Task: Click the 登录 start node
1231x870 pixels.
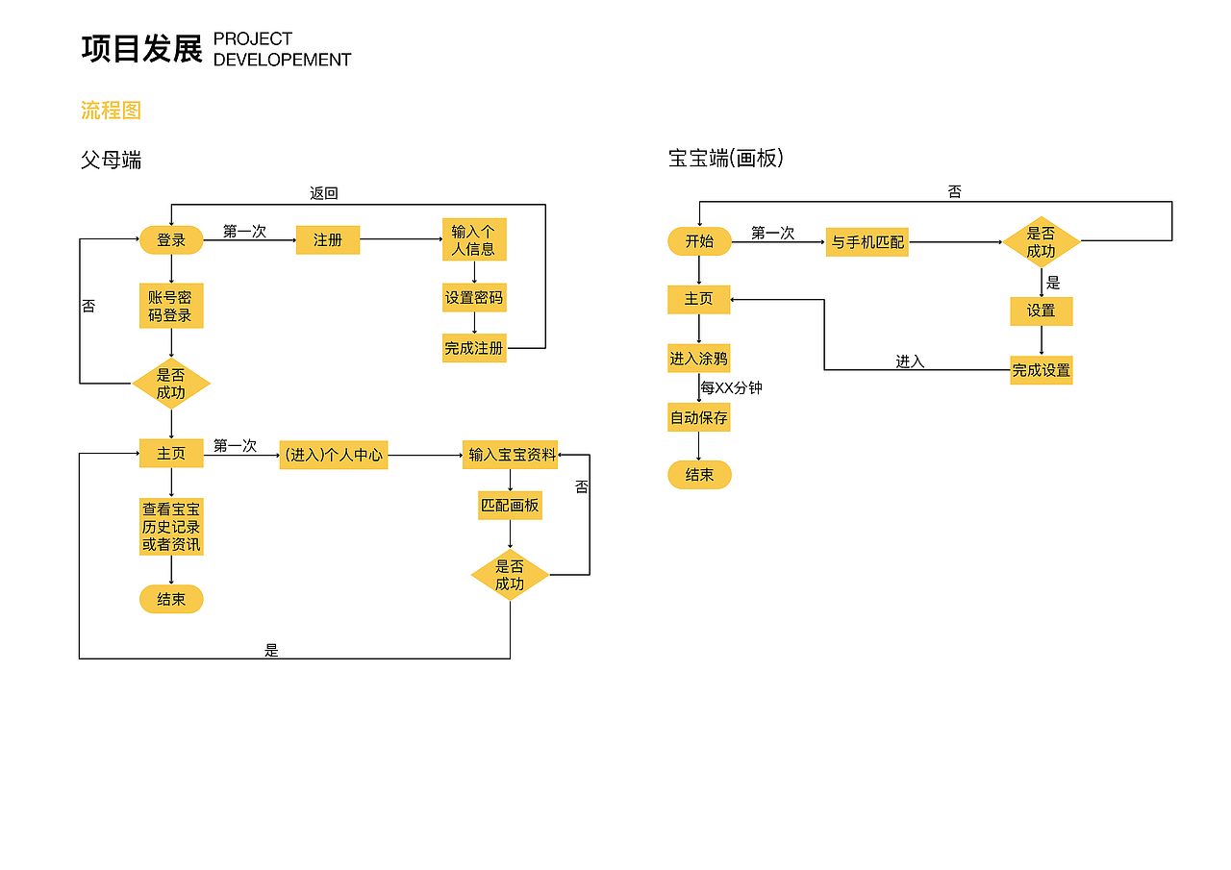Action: [171, 240]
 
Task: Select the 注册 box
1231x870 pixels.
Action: [328, 240]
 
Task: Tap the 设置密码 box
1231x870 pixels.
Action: [474, 298]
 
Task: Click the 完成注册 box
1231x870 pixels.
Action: [474, 348]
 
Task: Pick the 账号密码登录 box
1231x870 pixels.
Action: [171, 307]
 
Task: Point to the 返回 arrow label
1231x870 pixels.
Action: [324, 193]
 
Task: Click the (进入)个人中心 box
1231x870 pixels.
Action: [334, 455]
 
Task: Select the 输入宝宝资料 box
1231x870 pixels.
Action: [512, 455]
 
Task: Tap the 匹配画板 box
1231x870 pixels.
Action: [510, 505]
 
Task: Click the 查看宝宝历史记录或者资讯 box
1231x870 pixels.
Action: [171, 526]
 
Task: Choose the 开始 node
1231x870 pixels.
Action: [699, 241]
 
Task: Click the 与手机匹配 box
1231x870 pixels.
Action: [867, 242]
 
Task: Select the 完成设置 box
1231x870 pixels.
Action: [1041, 370]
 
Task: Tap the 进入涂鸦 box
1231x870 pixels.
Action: [699, 359]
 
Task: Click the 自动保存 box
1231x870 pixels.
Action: [699, 418]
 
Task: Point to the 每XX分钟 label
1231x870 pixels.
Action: [731, 388]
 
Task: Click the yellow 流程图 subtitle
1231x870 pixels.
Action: [111, 111]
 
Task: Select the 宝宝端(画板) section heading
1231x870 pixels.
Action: [726, 159]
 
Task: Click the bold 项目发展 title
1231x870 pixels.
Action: [142, 49]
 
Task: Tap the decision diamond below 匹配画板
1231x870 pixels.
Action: [510, 575]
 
